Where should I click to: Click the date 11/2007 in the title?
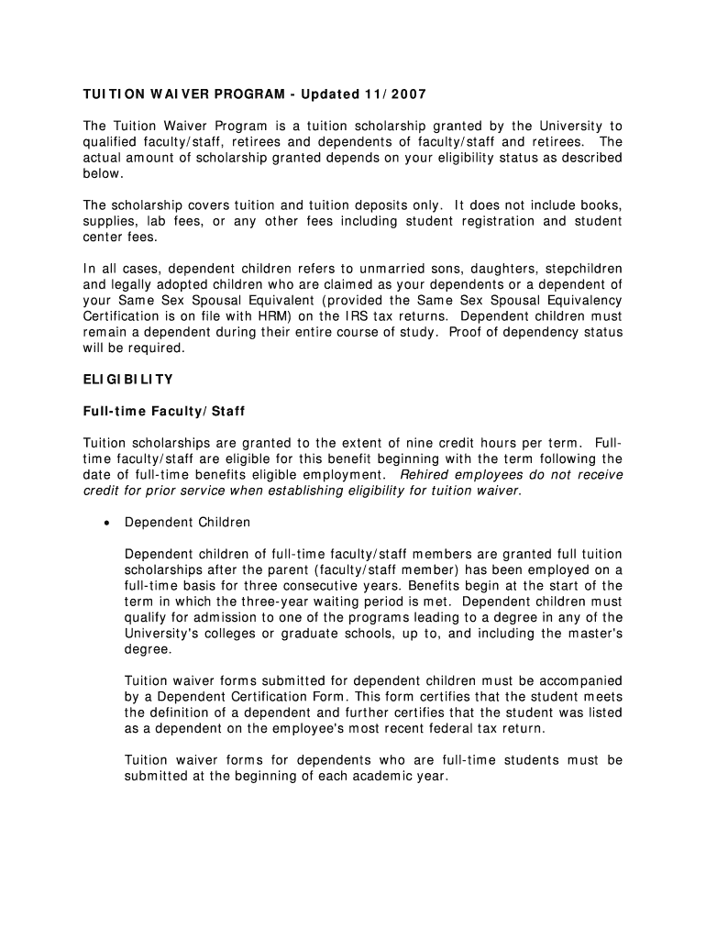[394, 94]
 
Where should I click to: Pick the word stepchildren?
[583, 269]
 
